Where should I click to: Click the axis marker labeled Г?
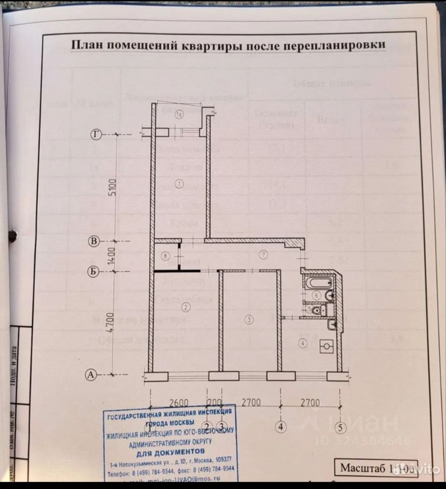tap(95, 134)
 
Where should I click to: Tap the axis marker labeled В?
tap(93, 241)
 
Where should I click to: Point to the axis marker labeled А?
tap(91, 375)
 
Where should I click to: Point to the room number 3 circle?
tap(248, 319)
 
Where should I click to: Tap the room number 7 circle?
tap(263, 254)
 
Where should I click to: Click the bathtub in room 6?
tap(314, 283)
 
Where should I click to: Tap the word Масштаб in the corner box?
tap(363, 467)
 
